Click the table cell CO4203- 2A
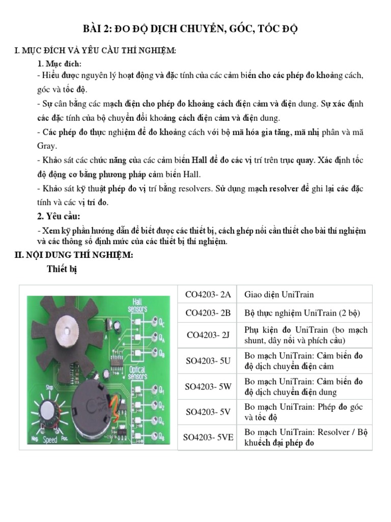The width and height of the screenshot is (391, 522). tap(208, 295)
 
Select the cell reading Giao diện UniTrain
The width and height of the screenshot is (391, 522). tap(279, 295)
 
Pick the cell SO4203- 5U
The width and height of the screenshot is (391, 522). tap(208, 361)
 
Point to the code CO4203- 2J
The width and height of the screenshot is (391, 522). tap(208, 335)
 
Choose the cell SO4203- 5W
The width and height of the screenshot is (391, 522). tap(208, 386)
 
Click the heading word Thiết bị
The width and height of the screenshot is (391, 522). tap(62, 270)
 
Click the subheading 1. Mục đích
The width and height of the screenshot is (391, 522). tap(60, 63)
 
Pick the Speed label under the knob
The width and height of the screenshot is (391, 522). tap(50, 439)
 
